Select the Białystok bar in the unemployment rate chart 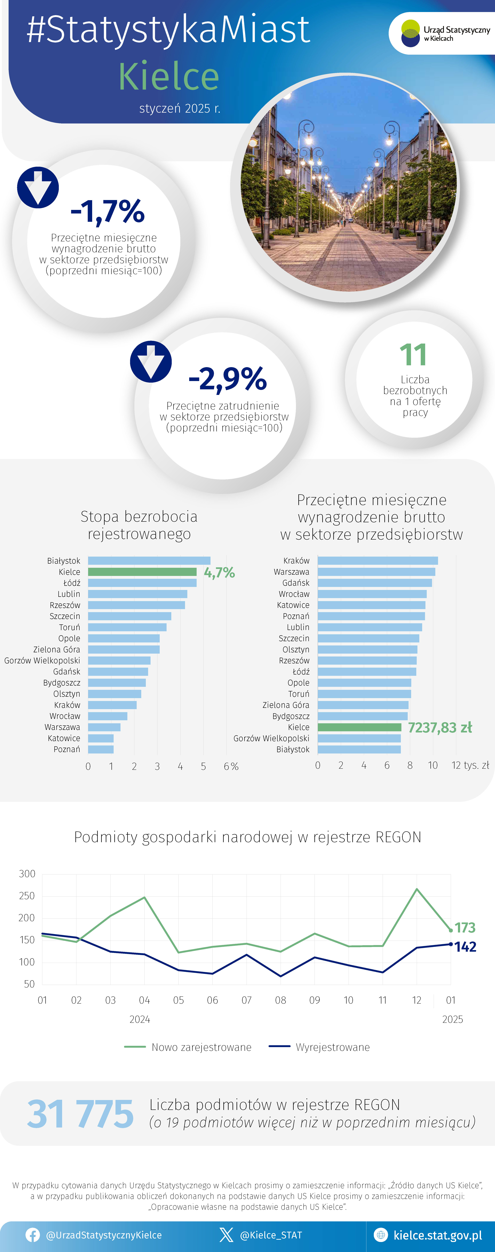149,560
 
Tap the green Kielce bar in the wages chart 359,727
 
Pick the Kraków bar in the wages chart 378,560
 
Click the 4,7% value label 219,572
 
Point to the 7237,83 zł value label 440,728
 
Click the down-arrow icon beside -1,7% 38,187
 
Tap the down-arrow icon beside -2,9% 151,362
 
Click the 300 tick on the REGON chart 27,874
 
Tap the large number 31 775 80,1114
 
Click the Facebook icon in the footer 33,1235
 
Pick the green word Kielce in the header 169,76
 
